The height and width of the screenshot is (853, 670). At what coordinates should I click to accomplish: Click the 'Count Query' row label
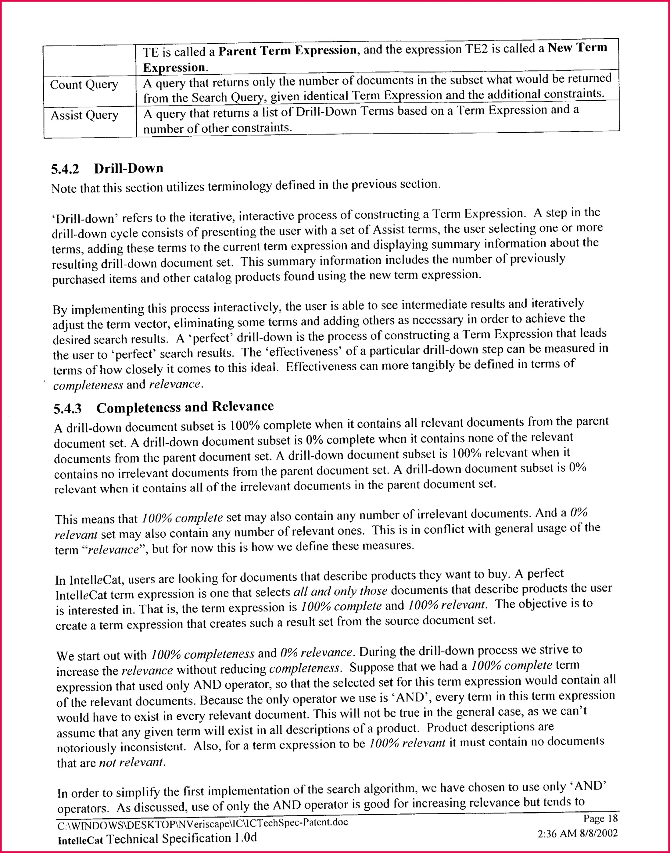point(84,85)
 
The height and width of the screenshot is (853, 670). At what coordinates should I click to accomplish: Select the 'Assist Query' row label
point(84,115)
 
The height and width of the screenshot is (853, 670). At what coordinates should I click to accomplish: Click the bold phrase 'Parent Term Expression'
point(288,51)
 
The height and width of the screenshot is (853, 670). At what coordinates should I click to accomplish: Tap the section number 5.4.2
point(65,169)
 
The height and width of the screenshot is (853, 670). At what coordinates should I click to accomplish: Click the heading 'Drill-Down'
point(129,168)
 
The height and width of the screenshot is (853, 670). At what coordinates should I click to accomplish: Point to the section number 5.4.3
point(67,409)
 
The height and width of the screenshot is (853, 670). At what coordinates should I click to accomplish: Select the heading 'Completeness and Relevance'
point(185,407)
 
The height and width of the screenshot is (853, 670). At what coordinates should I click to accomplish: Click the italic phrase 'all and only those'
point(340,591)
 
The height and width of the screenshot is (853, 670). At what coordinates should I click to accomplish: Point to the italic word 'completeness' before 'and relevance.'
point(88,385)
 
